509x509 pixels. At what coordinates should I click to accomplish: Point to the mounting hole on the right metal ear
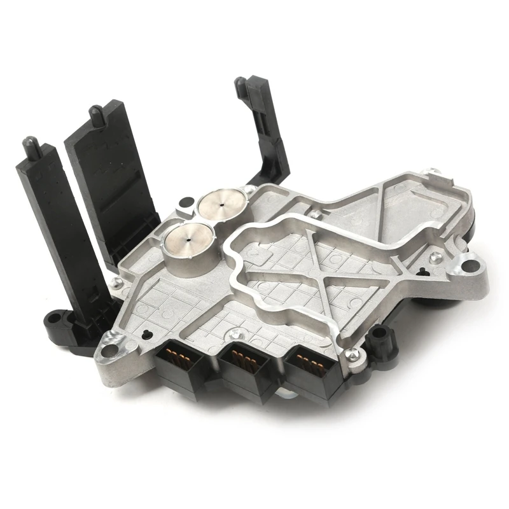pyautogui.click(x=471, y=260)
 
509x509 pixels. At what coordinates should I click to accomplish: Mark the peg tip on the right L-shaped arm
pyautogui.click(x=240, y=83)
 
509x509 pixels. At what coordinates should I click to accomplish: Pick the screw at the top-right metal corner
pyautogui.click(x=433, y=172)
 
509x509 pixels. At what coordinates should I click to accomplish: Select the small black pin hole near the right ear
pyautogui.click(x=422, y=272)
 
